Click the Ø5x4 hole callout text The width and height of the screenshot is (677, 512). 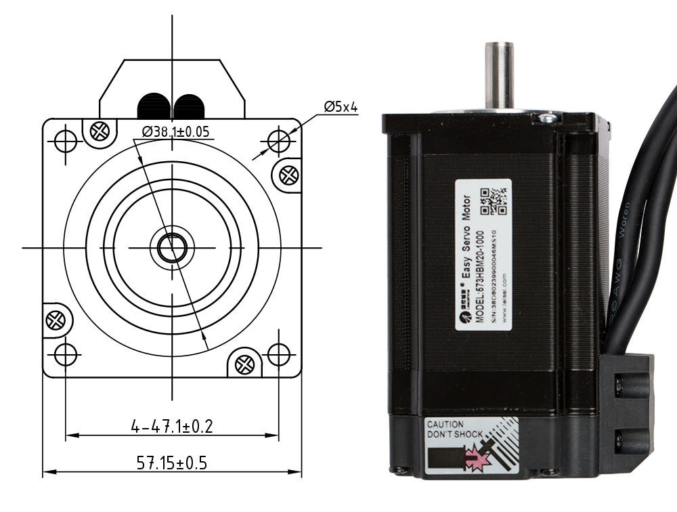click(x=341, y=106)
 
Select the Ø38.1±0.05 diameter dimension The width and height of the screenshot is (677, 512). click(x=175, y=132)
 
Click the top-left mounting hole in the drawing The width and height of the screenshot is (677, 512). click(x=66, y=141)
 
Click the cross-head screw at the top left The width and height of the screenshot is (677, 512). click(x=100, y=129)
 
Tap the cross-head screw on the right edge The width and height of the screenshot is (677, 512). click(x=289, y=175)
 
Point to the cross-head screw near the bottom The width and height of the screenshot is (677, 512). click(x=244, y=364)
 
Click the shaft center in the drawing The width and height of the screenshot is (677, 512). click(x=172, y=248)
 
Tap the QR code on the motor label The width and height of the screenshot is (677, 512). click(x=494, y=200)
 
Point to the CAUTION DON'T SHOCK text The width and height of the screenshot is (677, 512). click(x=454, y=429)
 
